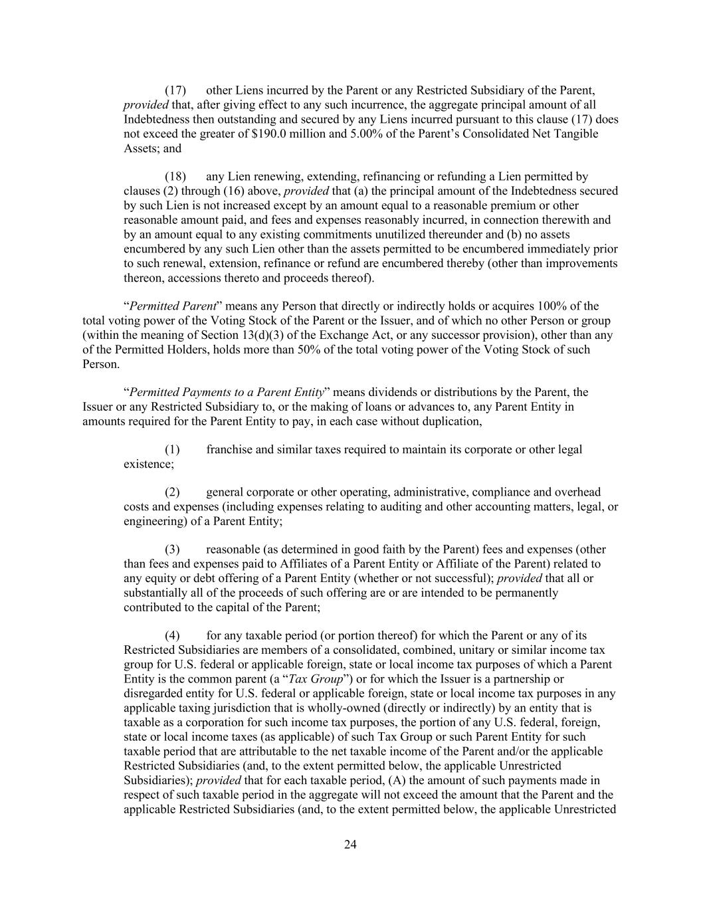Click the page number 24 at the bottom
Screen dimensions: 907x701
[350, 845]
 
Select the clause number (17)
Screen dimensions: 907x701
[175, 90]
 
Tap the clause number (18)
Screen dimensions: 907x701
[175, 177]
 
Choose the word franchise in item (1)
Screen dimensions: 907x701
[229, 450]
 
